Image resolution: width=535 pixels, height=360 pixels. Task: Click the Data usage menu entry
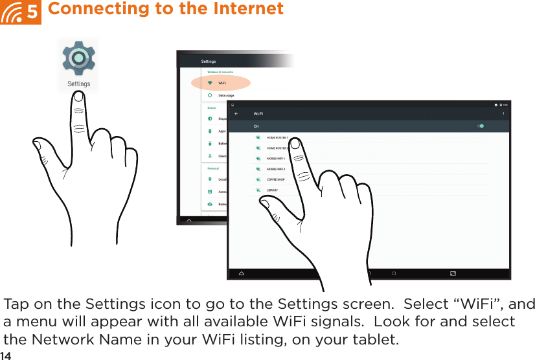coord(225,95)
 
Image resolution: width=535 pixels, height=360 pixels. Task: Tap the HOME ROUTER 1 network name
coord(277,138)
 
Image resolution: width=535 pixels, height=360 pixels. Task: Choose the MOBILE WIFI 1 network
coord(276,159)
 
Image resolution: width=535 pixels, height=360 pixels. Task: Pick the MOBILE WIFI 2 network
coord(276,169)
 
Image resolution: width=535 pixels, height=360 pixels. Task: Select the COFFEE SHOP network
coord(275,179)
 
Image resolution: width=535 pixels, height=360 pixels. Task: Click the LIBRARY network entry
coord(272,190)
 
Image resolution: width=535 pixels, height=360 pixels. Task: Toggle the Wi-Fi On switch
coord(480,126)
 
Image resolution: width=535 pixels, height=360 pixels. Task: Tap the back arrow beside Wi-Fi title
coord(236,114)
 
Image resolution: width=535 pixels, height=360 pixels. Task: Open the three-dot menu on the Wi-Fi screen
coord(503,114)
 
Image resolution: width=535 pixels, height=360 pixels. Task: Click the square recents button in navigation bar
coord(394,273)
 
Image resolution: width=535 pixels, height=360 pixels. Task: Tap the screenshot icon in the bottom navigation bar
coord(452,273)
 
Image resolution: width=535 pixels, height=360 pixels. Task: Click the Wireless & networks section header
coord(220,72)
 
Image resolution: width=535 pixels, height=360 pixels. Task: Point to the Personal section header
coord(213,168)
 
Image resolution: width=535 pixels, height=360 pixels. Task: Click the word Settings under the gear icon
coord(78,84)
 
